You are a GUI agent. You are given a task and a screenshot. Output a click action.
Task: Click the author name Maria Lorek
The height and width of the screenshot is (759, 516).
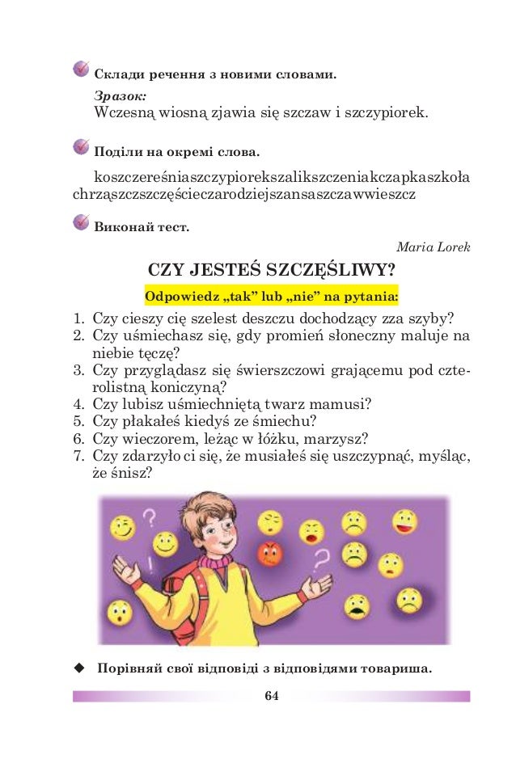click(x=434, y=247)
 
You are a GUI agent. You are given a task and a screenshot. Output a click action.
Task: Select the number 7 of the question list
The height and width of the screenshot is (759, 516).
click(x=79, y=457)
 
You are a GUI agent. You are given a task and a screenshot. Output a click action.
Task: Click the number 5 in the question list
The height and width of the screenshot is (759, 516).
click(x=79, y=421)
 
